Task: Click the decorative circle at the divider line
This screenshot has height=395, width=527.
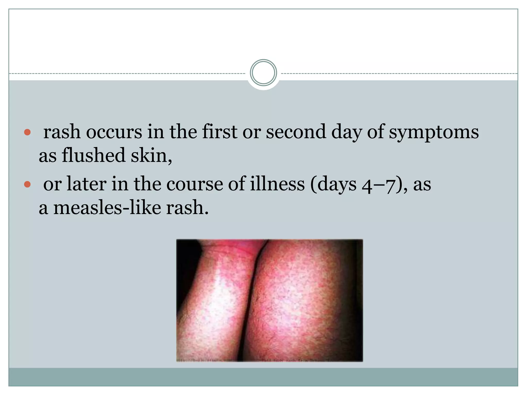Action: click(x=263, y=73)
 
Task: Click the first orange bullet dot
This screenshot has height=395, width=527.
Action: click(x=27, y=133)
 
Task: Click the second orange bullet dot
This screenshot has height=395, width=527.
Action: click(x=27, y=184)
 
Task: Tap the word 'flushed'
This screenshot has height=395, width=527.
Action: click(x=93, y=156)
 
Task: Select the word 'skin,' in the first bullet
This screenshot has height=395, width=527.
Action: click(x=151, y=156)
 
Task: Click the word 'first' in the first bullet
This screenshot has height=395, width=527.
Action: click(x=219, y=132)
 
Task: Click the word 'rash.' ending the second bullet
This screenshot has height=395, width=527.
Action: click(x=187, y=208)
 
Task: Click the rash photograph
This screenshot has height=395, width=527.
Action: click(x=269, y=300)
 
